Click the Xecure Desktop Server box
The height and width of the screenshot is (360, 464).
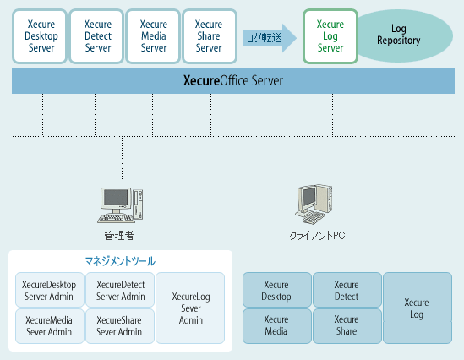click(x=40, y=36)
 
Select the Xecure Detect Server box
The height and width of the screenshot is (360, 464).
click(x=96, y=36)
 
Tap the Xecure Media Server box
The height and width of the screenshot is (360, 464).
click(x=153, y=36)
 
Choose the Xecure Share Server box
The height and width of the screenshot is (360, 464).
click(x=210, y=36)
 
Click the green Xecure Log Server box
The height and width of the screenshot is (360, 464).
click(x=330, y=36)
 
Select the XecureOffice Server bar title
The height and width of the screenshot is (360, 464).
click(x=233, y=81)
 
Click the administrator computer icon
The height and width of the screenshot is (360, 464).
click(x=120, y=205)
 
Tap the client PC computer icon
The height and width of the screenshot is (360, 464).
click(x=314, y=205)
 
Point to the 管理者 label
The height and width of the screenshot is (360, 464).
click(x=119, y=236)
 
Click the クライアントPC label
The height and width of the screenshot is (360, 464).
click(x=317, y=236)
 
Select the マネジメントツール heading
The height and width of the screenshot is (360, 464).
click(x=120, y=261)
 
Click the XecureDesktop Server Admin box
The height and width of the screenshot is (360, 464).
click(x=50, y=290)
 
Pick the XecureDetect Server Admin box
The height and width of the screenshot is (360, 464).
click(x=120, y=290)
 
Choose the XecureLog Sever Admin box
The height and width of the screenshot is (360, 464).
click(x=190, y=308)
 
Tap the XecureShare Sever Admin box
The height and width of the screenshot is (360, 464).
click(x=120, y=326)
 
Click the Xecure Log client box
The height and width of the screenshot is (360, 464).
click(x=418, y=308)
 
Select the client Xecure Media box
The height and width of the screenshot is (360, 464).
click(x=277, y=326)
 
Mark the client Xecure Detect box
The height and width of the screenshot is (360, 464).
click(x=347, y=290)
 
